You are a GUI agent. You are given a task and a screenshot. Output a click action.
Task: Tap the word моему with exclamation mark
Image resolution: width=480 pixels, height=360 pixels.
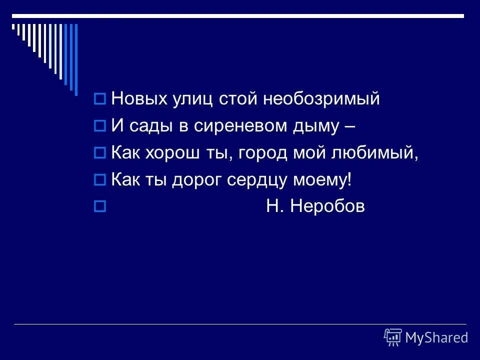coord(326,180)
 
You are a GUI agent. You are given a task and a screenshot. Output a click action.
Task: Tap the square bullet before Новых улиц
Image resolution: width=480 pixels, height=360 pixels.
coord(99,99)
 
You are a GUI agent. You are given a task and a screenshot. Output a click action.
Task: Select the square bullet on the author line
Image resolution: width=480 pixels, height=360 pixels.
coord(99,206)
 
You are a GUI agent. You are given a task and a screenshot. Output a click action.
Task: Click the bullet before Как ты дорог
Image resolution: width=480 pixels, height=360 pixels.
coord(99,180)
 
